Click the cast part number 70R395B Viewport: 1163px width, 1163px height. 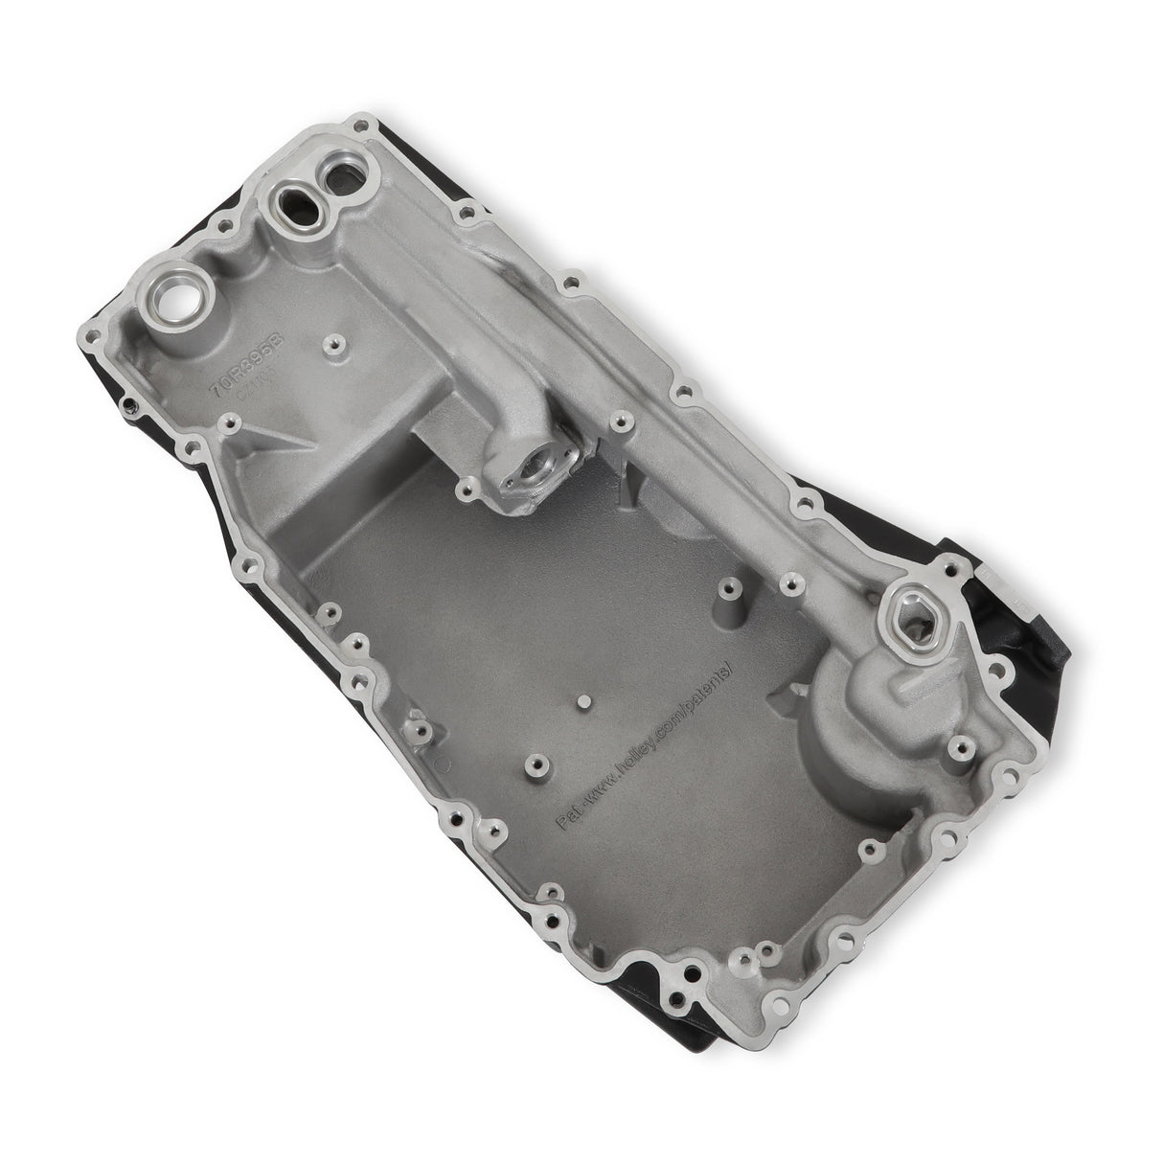tap(223, 356)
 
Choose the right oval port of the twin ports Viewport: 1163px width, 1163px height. tap(337, 177)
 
